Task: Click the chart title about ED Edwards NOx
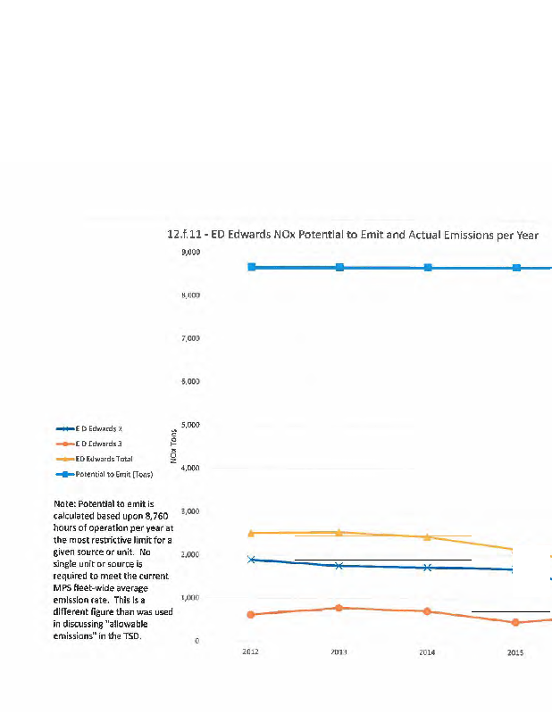pyautogui.click(x=353, y=234)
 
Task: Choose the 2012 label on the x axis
pyautogui.click(x=251, y=653)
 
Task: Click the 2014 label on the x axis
pyautogui.click(x=428, y=653)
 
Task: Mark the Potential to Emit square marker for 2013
pyautogui.click(x=339, y=268)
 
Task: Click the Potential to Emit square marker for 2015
pyautogui.click(x=515, y=268)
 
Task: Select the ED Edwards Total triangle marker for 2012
pyautogui.click(x=252, y=533)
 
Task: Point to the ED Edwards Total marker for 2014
pyautogui.click(x=427, y=537)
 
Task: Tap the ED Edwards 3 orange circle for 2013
pyautogui.click(x=339, y=608)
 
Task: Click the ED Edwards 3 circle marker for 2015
pyautogui.click(x=515, y=622)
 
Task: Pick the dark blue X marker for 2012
pyautogui.click(x=252, y=560)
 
